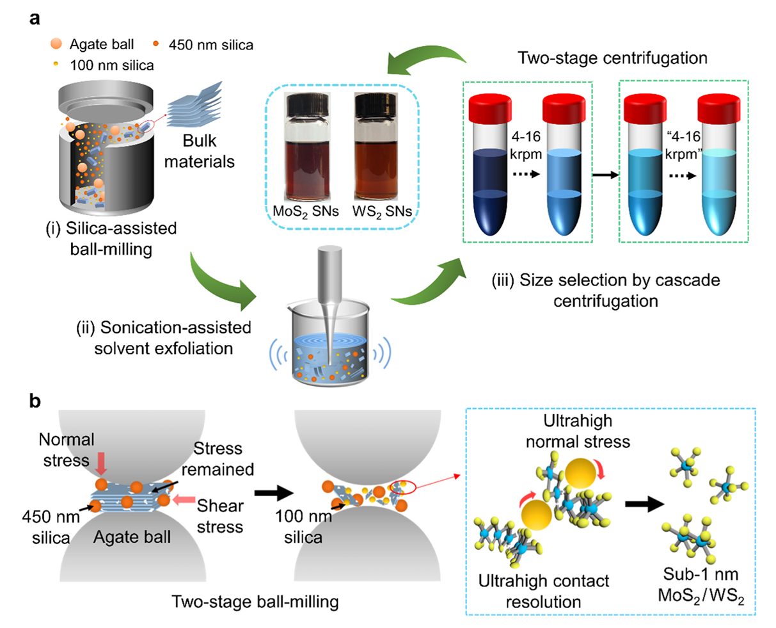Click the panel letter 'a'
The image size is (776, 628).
(35, 19)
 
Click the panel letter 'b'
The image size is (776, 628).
(35, 401)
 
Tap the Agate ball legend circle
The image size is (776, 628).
(56, 44)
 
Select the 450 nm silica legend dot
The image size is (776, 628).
(156, 44)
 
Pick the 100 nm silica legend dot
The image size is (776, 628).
(56, 64)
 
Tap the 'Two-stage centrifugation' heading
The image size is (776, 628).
(612, 58)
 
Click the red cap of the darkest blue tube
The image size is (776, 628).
(490, 109)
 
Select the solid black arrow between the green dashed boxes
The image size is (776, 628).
(605, 175)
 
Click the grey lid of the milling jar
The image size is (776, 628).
(106, 101)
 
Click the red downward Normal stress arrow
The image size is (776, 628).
(101, 463)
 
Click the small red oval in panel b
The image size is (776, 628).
(402, 487)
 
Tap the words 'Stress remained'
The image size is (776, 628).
(218, 459)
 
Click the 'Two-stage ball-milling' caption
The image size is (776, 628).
(255, 602)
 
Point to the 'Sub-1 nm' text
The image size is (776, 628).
(701, 574)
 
